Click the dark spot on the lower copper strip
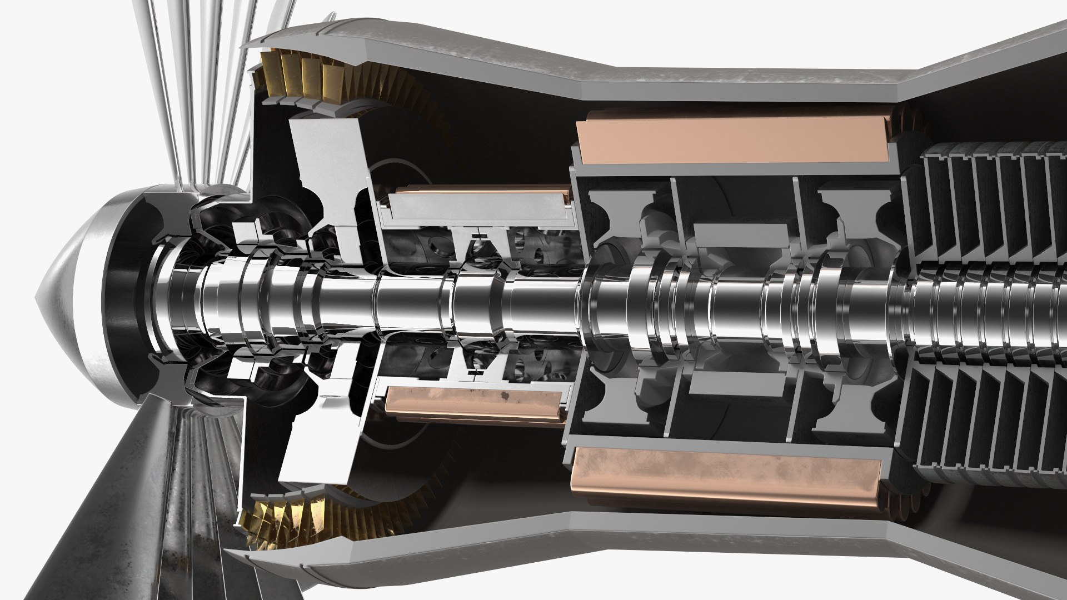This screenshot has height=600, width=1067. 505,396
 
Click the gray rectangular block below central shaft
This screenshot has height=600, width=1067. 734,383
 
